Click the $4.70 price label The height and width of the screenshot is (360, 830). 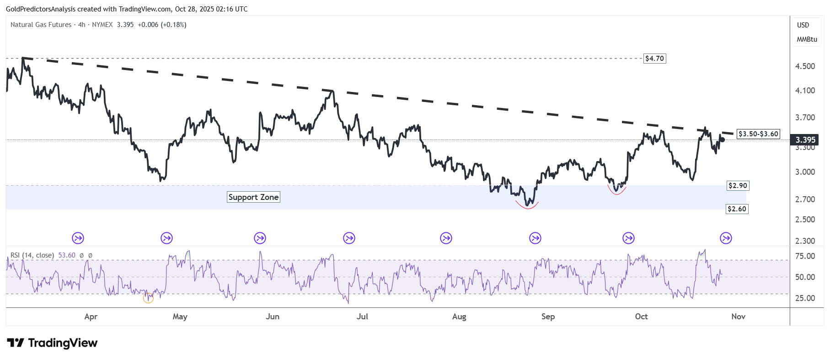pos(654,59)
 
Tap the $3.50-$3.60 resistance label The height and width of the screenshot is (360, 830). pos(758,134)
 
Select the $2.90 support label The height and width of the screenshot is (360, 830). pos(738,186)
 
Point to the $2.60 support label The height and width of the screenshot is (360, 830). pos(737,209)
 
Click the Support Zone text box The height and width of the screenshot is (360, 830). pos(253,197)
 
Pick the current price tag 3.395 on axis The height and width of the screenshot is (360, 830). pos(805,140)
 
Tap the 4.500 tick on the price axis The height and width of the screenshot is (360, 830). pos(805,66)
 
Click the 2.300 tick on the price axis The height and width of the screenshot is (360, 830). pos(805,241)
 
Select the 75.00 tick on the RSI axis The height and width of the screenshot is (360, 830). pos(805,256)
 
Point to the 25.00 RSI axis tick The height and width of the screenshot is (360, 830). pos(805,298)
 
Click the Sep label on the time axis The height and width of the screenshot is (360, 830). pos(548,317)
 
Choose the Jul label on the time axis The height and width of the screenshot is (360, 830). pos(362,317)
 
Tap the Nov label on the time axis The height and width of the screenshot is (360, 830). pos(738,317)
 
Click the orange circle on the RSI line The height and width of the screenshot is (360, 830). pos(148,298)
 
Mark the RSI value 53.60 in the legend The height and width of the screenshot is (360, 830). pos(67,255)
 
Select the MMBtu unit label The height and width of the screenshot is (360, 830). pos(807,39)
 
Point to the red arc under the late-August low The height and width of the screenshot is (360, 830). pos(528,207)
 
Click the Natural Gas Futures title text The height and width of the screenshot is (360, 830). pos(41,25)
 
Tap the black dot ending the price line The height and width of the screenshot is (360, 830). pos(722,140)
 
